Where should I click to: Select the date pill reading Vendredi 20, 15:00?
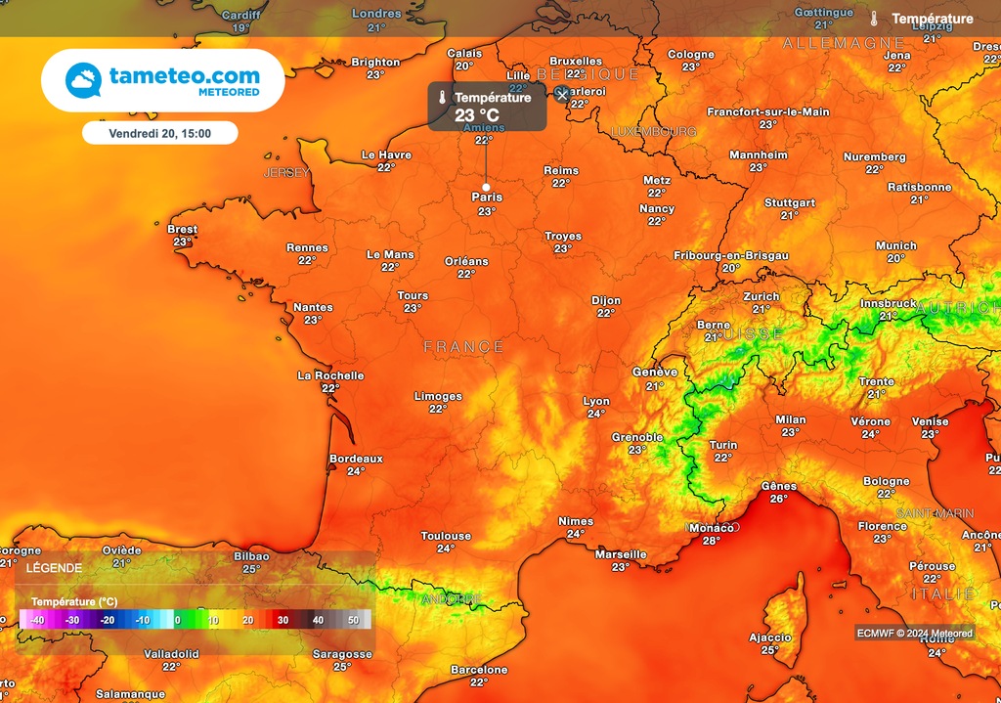coord(160,133)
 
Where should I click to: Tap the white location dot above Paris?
coord(486,186)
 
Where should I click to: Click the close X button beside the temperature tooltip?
coord(561,94)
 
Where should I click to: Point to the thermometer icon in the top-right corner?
coord(874,19)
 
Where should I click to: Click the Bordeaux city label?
coord(356,459)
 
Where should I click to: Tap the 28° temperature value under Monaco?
coord(711,541)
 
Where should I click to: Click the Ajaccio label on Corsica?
coord(769,637)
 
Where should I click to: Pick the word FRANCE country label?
coord(464,347)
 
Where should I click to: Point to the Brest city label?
coord(183,230)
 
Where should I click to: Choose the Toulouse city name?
coord(446,536)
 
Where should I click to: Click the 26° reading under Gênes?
coord(778,499)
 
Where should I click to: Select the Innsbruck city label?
coord(889,304)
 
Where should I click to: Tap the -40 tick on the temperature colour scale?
coord(37,620)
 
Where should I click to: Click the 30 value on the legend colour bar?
coord(282,620)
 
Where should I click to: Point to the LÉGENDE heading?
coord(54,568)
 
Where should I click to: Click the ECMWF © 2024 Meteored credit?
coord(916,633)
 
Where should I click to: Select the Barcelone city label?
coord(479,670)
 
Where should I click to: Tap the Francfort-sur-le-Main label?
coord(767,112)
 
